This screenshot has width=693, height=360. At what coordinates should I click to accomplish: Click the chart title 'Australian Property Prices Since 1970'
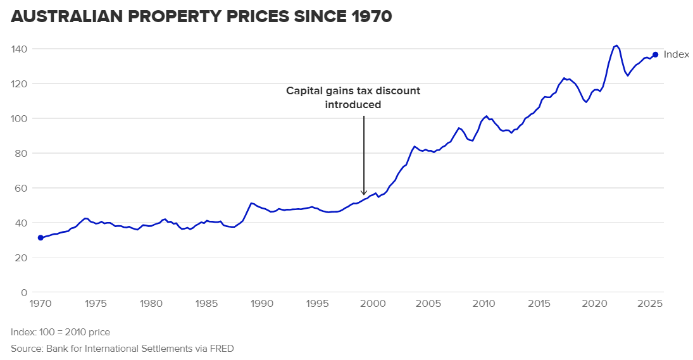(201, 17)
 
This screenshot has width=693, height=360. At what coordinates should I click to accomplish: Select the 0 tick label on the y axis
(24, 292)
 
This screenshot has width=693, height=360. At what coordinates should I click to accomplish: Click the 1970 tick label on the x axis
(41, 304)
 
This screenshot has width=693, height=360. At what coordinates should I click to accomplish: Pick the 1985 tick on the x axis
(207, 304)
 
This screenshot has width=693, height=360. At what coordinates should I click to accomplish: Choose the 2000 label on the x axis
(373, 304)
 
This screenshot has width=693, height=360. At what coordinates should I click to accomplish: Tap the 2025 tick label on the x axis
(650, 304)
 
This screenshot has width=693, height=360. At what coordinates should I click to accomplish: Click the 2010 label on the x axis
(484, 304)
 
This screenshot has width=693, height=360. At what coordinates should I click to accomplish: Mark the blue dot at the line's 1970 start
(41, 238)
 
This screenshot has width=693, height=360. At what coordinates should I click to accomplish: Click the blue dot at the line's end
(656, 54)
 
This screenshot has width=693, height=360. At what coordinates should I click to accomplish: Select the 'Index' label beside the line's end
(676, 55)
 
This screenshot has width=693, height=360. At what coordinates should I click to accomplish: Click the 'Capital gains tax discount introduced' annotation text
(353, 97)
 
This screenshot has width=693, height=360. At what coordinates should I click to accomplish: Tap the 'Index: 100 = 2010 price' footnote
(60, 332)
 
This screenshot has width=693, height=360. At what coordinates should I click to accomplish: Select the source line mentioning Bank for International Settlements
(122, 348)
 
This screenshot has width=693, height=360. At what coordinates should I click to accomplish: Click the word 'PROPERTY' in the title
(178, 17)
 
